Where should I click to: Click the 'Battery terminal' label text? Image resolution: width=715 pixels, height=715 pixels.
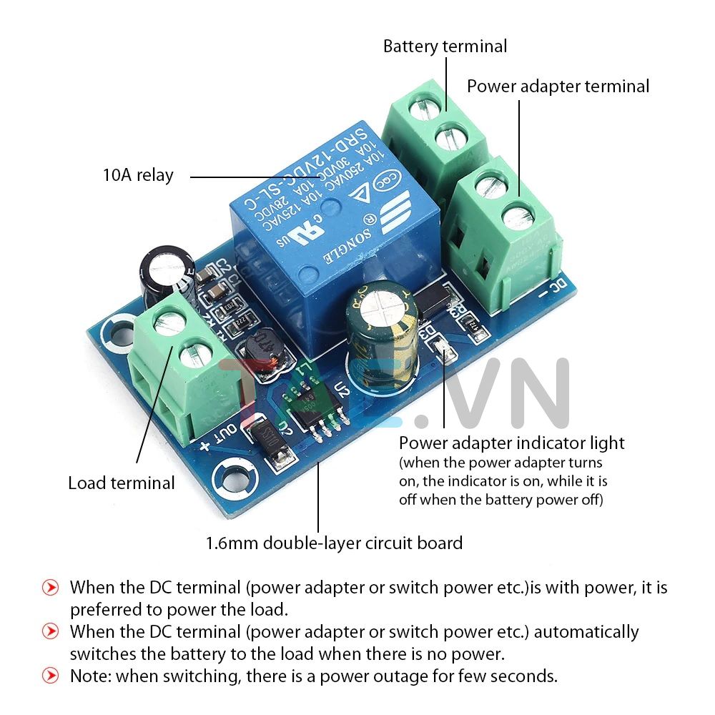(445, 46)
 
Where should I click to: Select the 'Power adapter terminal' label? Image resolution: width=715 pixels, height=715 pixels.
(558, 87)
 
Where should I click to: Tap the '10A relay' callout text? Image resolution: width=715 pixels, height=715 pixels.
(138, 175)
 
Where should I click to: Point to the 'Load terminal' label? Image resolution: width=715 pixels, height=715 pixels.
(121, 483)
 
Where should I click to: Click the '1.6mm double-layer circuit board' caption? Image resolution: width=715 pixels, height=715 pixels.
(334, 543)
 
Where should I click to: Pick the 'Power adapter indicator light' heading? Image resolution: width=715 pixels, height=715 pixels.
(511, 443)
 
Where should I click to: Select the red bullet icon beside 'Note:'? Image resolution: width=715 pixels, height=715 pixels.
(50, 675)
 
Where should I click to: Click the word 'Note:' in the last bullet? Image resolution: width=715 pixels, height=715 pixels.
(90, 675)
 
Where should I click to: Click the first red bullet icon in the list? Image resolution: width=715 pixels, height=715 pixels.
(50, 588)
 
